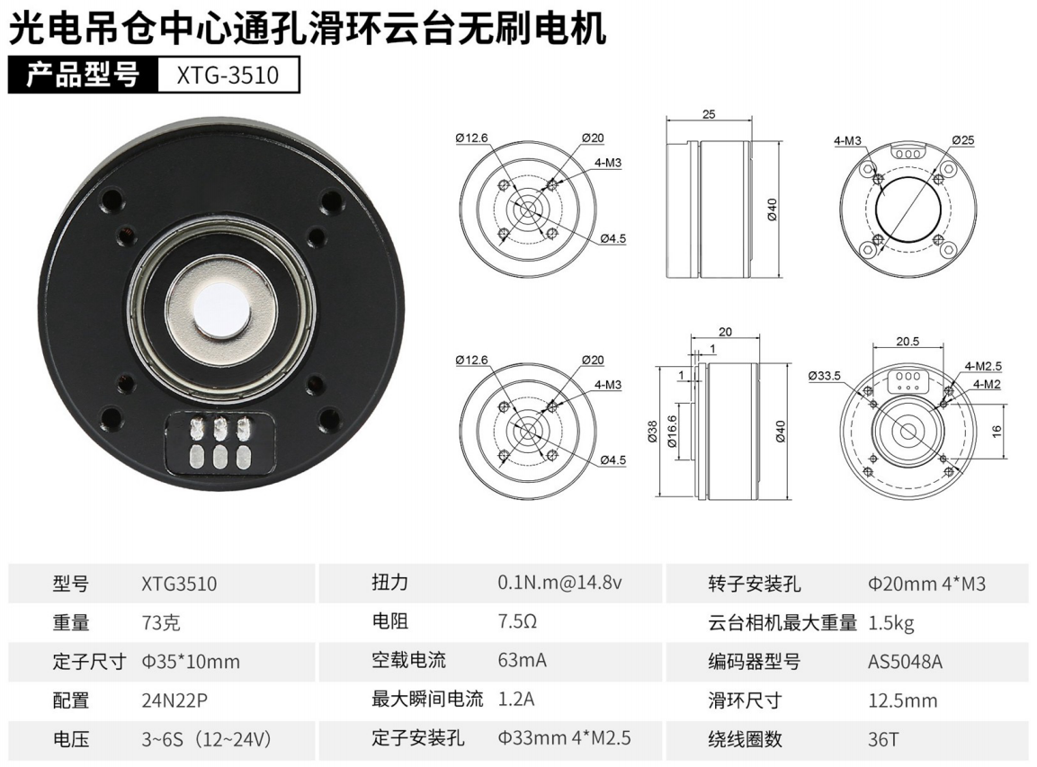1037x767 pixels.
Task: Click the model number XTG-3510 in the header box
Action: click(228, 75)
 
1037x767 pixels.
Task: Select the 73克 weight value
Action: click(161, 623)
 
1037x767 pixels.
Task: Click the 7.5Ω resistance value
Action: click(517, 621)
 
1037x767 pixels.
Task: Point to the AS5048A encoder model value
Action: click(905, 661)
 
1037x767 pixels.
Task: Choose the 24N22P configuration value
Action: click(174, 700)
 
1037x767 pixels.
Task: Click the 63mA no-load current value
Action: click(522, 660)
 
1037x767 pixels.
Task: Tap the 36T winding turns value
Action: click(883, 738)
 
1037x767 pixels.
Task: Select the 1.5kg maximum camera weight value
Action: click(890, 623)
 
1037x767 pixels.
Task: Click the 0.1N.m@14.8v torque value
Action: click(559, 583)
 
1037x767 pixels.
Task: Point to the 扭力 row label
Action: click(389, 583)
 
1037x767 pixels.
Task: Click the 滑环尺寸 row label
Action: click(745, 700)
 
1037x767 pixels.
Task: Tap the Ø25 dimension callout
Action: click(963, 140)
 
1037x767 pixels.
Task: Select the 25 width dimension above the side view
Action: click(709, 114)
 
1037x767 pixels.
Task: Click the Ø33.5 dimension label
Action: click(824, 376)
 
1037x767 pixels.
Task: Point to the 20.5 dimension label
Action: click(907, 341)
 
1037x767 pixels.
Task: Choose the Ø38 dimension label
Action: click(653, 431)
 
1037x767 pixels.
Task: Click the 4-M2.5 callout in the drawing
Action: click(983, 366)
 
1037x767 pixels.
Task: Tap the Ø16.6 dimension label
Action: click(672, 433)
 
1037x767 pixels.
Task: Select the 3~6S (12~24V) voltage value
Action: click(206, 738)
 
